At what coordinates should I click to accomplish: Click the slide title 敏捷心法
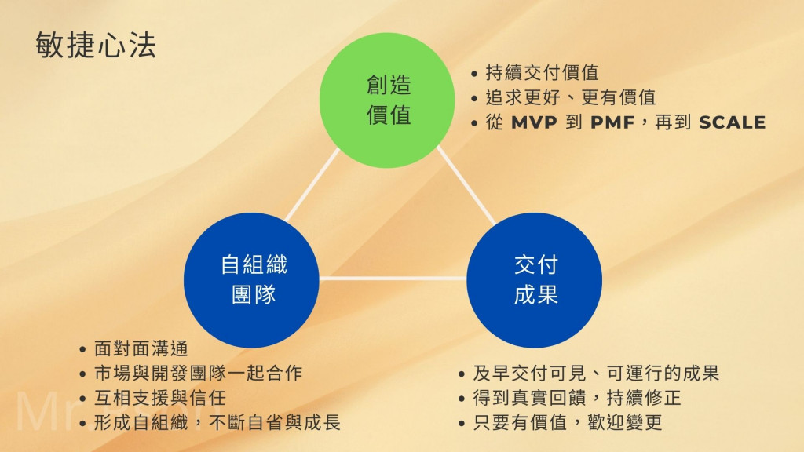[x=96, y=46]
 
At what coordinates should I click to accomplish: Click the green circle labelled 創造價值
[x=387, y=100]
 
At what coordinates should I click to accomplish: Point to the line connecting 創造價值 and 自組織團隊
[x=312, y=186]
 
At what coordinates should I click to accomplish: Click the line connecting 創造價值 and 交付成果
[x=466, y=185]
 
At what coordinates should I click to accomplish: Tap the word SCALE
[x=732, y=123]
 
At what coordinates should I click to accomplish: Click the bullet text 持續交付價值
[x=541, y=74]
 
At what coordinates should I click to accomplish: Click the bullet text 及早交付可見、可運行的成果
[x=596, y=374]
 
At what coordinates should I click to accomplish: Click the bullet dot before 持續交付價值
[x=475, y=75]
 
